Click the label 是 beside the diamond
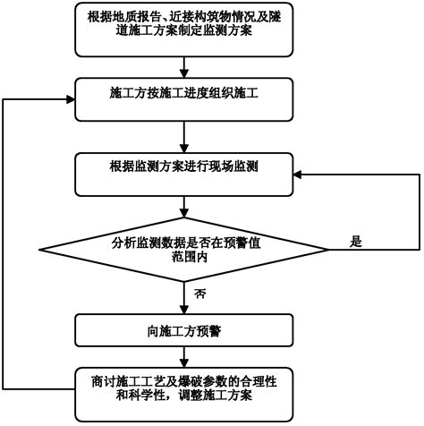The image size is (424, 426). pos(356,241)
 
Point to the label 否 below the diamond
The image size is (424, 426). pos(200,294)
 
